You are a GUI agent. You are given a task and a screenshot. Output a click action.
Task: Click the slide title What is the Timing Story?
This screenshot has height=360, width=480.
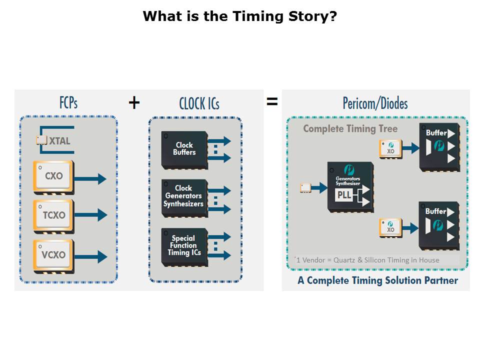239,16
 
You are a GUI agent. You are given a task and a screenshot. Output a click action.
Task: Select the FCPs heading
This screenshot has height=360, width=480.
68,102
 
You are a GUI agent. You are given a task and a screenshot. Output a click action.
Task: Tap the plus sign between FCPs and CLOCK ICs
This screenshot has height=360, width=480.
134,102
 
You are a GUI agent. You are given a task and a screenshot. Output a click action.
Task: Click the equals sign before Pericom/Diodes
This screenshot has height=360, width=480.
271,102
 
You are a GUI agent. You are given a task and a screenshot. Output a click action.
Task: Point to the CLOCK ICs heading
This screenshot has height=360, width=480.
199,103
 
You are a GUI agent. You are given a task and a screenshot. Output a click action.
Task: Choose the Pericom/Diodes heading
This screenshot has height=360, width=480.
375,103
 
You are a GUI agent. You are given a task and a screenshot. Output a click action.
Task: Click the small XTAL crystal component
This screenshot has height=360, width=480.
41,140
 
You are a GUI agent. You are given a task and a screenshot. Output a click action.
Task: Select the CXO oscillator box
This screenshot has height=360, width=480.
53,176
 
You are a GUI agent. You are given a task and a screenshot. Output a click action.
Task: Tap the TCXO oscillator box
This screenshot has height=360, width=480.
53,215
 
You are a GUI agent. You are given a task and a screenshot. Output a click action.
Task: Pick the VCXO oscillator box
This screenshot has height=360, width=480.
53,254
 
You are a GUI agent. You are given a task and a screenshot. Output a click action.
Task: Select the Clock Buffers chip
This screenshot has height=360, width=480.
184,148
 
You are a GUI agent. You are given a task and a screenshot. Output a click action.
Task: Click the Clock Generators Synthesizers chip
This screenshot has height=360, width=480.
184,196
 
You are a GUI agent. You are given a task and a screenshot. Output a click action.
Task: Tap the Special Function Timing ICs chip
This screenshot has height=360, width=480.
184,245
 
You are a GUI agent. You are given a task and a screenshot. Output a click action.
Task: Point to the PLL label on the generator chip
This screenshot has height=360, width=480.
344,195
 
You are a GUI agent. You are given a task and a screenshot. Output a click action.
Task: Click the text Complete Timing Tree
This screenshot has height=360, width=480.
350,129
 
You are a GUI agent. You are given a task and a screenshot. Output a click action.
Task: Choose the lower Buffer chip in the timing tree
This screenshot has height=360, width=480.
438,225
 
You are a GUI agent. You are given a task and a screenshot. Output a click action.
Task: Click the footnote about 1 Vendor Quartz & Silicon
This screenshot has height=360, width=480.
367,260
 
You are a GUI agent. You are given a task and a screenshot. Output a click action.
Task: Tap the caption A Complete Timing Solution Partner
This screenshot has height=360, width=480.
377,280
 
